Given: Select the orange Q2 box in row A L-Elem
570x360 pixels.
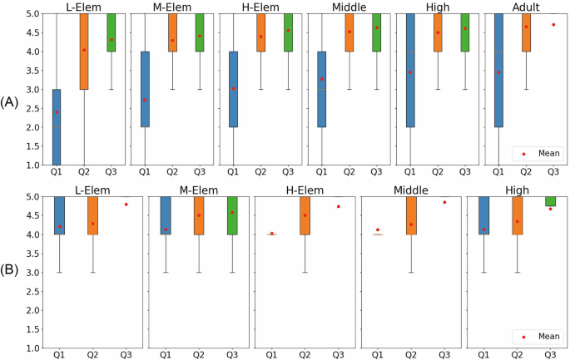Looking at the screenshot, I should [x=84, y=52].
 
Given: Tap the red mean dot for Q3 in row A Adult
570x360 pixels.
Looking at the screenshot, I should [x=553, y=25].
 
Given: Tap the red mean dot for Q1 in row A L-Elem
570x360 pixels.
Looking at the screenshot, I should [x=57, y=112].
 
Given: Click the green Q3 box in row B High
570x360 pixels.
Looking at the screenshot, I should [x=551, y=202].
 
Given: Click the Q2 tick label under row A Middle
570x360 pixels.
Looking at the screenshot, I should [x=349, y=172].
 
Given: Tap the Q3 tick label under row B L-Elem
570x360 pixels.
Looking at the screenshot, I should [x=126, y=355].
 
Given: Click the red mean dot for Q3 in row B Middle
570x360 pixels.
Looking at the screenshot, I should [x=444, y=202].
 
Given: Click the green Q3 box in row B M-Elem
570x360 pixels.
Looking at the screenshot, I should [x=232, y=216].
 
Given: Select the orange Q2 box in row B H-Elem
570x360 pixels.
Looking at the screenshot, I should [x=305, y=216].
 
